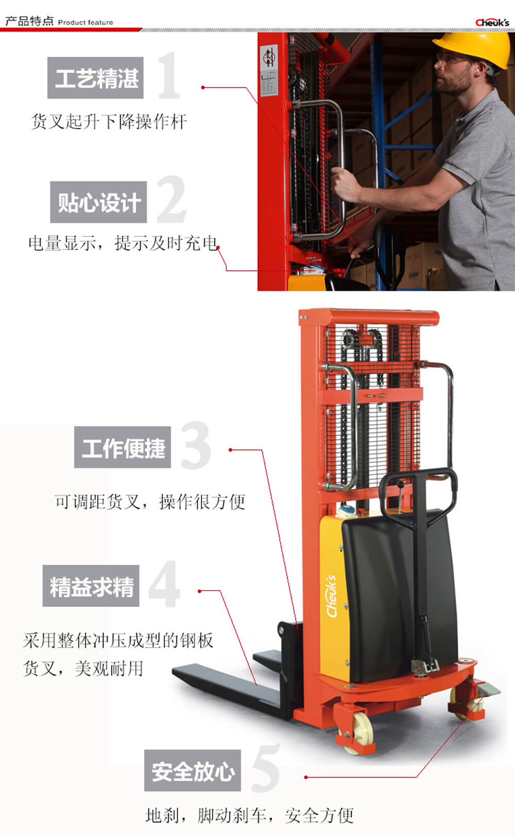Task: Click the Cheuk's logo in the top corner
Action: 492,23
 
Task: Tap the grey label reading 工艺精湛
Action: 95,78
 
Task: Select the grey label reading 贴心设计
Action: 98,202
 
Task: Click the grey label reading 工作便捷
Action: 123,447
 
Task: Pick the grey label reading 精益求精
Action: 91,586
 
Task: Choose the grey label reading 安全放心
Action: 193,770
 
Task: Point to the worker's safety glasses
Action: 451,60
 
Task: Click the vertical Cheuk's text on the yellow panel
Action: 332,597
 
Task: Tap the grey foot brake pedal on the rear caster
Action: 489,690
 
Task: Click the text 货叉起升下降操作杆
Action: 109,121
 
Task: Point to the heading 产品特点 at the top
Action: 29,21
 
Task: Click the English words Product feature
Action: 85,23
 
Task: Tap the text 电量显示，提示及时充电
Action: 123,243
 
